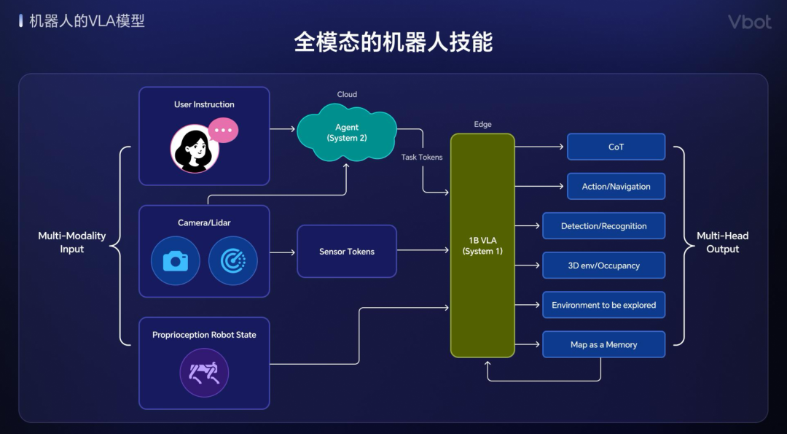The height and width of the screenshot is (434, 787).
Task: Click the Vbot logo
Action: pyautogui.click(x=749, y=22)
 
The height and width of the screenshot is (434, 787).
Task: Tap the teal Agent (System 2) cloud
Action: pyautogui.click(x=347, y=133)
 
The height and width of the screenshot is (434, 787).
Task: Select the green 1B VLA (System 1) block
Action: pyautogui.click(x=482, y=246)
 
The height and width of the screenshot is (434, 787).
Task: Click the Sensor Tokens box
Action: pyautogui.click(x=347, y=251)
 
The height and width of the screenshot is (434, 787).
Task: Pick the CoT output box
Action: pyautogui.click(x=616, y=147)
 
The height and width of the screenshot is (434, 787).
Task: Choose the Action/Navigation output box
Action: pyautogui.click(x=616, y=186)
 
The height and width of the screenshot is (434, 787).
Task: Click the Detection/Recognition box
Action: pyautogui.click(x=604, y=226)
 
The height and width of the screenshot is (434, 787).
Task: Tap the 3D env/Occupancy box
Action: pyautogui.click(x=604, y=266)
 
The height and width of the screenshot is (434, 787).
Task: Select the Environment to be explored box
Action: pyautogui.click(x=604, y=305)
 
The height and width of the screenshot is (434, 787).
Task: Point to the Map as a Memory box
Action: pyautogui.click(x=604, y=344)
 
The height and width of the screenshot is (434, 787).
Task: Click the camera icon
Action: pyautogui.click(x=176, y=261)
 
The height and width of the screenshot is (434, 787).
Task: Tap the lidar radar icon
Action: pyautogui.click(x=233, y=261)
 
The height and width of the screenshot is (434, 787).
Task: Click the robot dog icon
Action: pyautogui.click(x=204, y=373)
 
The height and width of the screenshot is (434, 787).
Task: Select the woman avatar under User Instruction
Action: pyautogui.click(x=195, y=149)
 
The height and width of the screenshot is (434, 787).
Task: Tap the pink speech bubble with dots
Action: pyautogui.click(x=223, y=130)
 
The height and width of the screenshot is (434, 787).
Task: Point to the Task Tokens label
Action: pyautogui.click(x=422, y=158)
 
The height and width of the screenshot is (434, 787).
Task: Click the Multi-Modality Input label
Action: pyautogui.click(x=71, y=242)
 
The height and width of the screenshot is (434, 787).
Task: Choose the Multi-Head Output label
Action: pyautogui.click(x=722, y=242)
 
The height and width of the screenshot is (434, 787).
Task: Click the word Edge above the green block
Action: pyautogui.click(x=483, y=124)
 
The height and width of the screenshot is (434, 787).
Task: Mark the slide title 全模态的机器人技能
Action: pyautogui.click(x=393, y=42)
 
